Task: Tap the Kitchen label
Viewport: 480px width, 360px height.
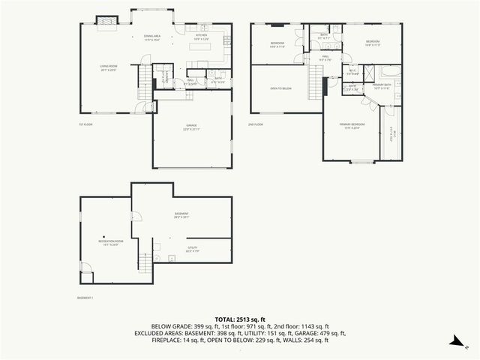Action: point(202,37)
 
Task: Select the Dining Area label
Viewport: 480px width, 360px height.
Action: point(153,37)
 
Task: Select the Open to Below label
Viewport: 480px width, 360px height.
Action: point(280,88)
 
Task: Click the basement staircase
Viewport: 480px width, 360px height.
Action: point(145,262)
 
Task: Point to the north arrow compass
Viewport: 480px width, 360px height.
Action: point(455,341)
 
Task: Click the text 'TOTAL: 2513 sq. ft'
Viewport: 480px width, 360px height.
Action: point(240,319)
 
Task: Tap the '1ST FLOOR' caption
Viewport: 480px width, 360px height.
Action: point(85,124)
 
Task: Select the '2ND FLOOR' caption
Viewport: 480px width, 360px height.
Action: point(256,124)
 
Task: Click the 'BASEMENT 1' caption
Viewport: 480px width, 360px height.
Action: point(85,298)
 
